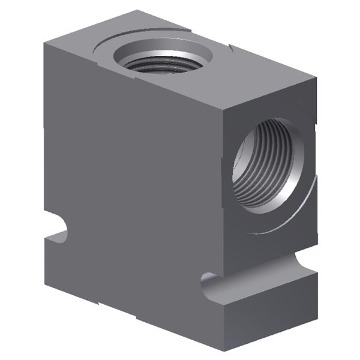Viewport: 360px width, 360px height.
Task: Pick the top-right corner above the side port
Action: (x=316, y=74)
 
